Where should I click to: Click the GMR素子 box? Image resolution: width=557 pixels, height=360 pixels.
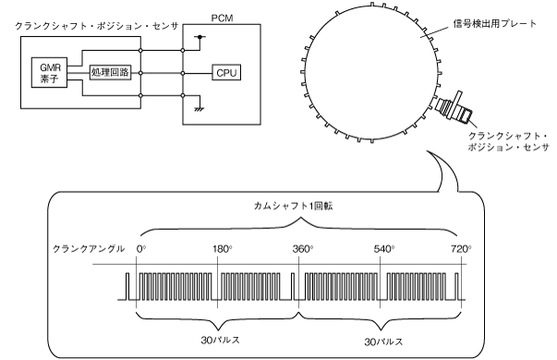(x=49, y=72)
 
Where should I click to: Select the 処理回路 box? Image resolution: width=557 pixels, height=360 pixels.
(x=110, y=73)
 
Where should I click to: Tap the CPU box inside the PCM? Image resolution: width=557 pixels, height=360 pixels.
(x=226, y=72)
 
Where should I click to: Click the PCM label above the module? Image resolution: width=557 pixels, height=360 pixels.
(x=222, y=18)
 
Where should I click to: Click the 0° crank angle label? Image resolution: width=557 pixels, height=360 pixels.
(x=141, y=249)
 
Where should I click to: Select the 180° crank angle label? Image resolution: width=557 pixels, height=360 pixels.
(x=223, y=249)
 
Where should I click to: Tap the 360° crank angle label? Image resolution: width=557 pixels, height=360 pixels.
(x=303, y=249)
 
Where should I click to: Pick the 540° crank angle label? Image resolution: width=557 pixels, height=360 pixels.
(x=384, y=249)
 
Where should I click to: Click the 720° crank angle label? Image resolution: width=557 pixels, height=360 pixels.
(x=461, y=249)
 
